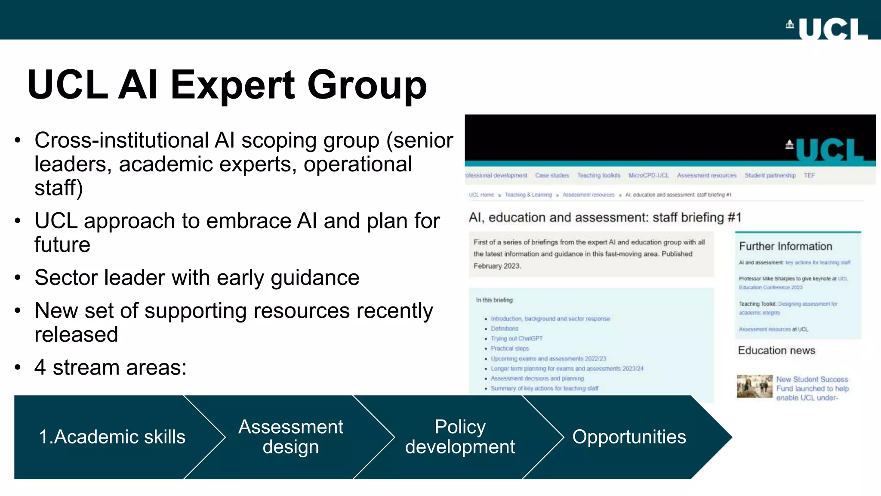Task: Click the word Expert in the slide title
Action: [x=232, y=85]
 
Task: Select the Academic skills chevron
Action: [x=112, y=437]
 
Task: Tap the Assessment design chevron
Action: [x=291, y=437]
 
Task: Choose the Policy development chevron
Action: [x=460, y=437]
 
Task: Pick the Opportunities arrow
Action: [x=629, y=437]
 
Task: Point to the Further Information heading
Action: [x=786, y=246]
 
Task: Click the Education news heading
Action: [x=776, y=350]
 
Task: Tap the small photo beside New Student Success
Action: [x=755, y=386]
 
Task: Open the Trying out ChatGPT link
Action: [x=517, y=338]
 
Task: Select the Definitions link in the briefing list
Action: [x=505, y=329]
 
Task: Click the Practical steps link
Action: [x=510, y=348]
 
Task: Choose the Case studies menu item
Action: [x=552, y=176]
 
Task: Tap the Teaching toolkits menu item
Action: [x=599, y=176]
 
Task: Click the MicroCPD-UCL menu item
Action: [x=649, y=176]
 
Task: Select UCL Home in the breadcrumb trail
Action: [x=481, y=195]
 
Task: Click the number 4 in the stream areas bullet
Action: [x=40, y=368]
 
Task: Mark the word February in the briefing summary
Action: [x=487, y=266]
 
